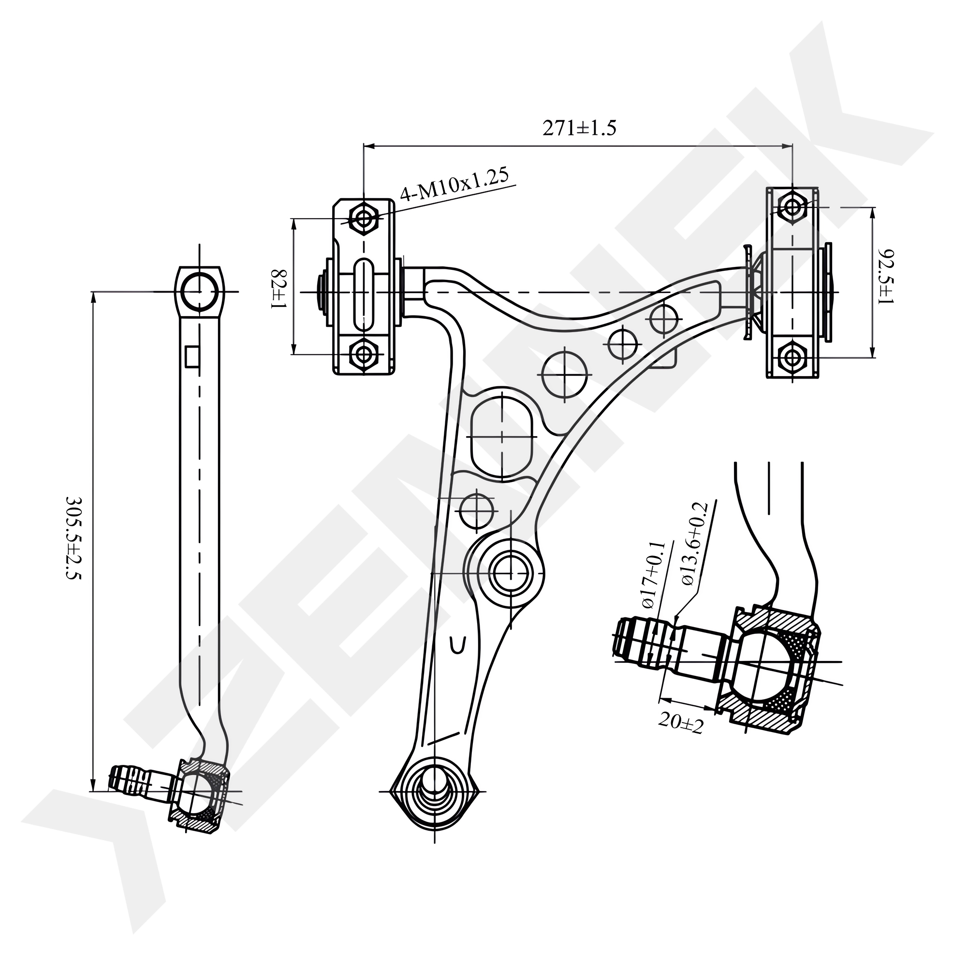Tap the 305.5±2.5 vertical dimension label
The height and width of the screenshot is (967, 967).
point(73,538)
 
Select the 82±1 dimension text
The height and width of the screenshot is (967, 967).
point(279,289)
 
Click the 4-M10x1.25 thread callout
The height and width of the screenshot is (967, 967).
point(454,185)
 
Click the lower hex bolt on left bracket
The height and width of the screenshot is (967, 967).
point(364,354)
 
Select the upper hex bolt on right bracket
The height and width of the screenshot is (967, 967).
point(792,206)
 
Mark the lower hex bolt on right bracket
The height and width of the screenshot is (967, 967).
point(792,357)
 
